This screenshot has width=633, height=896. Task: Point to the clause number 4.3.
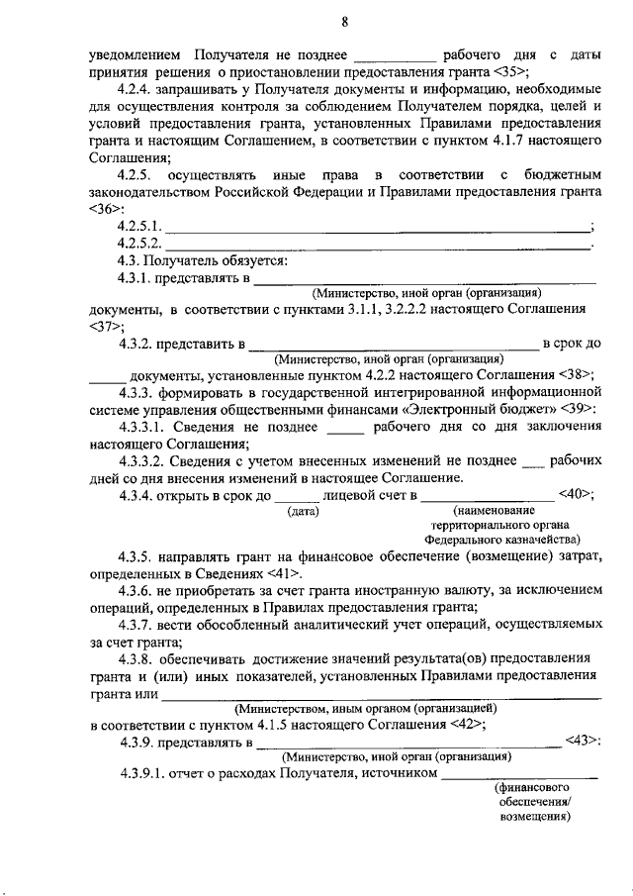coord(130,261)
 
